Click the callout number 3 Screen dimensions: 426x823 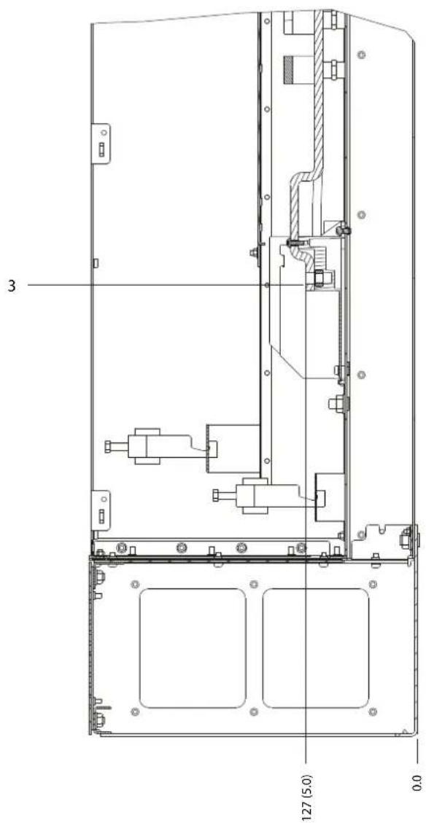pos(10,286)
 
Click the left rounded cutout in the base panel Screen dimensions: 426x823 pos(193,648)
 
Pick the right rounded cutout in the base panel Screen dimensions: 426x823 pos(316,648)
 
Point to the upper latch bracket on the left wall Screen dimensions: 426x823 pos(101,144)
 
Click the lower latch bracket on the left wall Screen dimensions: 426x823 pos(101,510)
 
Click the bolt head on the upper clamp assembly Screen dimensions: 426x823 pos(109,447)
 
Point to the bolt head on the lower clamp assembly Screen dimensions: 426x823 pos(215,495)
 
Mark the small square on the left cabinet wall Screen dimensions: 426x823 pos(95,263)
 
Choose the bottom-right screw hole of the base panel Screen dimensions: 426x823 pos(373,711)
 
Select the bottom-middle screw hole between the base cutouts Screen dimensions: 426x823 pos(255,711)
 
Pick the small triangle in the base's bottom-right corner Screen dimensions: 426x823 pos(404,730)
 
